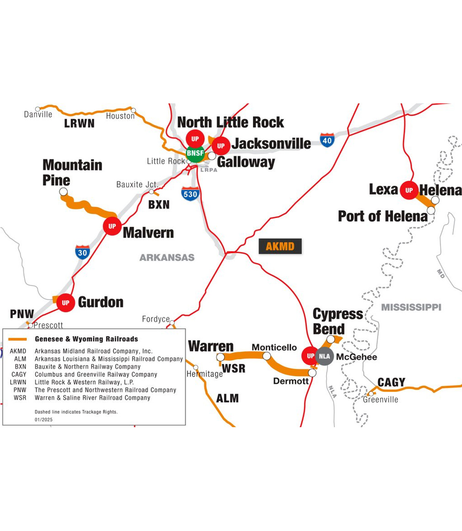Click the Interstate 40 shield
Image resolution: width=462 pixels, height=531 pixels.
pyautogui.click(x=327, y=140)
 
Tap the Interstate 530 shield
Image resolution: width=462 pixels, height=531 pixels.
pyautogui.click(x=190, y=194)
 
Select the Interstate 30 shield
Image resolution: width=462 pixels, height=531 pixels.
pyautogui.click(x=82, y=252)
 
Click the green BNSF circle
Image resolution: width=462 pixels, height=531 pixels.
pyautogui.click(x=195, y=153)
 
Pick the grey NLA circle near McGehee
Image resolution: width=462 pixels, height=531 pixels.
pyautogui.click(x=324, y=356)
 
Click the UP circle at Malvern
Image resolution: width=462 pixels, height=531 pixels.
pyautogui.click(x=112, y=226)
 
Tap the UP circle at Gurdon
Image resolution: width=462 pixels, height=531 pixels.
pyautogui.click(x=65, y=302)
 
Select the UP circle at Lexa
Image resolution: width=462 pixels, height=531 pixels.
pyautogui.click(x=409, y=190)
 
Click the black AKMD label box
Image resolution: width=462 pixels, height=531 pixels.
pyautogui.click(x=280, y=247)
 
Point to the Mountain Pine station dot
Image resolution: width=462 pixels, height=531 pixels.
pyautogui.click(x=64, y=192)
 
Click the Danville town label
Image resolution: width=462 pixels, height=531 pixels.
pyautogui.click(x=38, y=114)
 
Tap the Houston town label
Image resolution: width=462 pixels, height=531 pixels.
pyautogui.click(x=120, y=116)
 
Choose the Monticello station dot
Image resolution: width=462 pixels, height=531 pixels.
pyautogui.click(x=267, y=356)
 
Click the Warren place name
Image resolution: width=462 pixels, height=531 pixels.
pyautogui.click(x=211, y=346)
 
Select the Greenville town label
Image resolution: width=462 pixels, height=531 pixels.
pyautogui.click(x=381, y=400)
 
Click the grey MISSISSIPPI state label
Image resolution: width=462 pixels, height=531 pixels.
pyautogui.click(x=412, y=307)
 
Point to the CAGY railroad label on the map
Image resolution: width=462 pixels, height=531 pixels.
pyautogui.click(x=391, y=382)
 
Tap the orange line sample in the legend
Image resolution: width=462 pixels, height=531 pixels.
pyautogui.click(x=20, y=339)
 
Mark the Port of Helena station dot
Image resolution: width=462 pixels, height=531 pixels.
pyautogui.click(x=431, y=210)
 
